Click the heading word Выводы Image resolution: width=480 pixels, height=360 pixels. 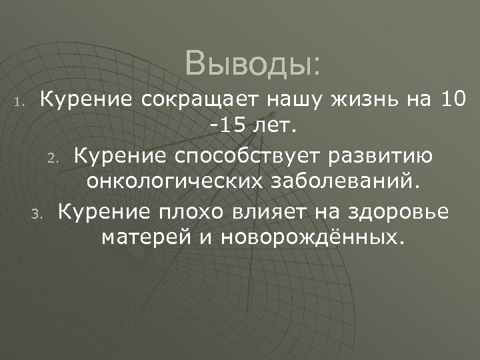[253, 65]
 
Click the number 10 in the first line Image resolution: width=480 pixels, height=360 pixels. [455, 101]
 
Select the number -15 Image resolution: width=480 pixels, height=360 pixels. [226, 125]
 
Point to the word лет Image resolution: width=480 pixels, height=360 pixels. [275, 125]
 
